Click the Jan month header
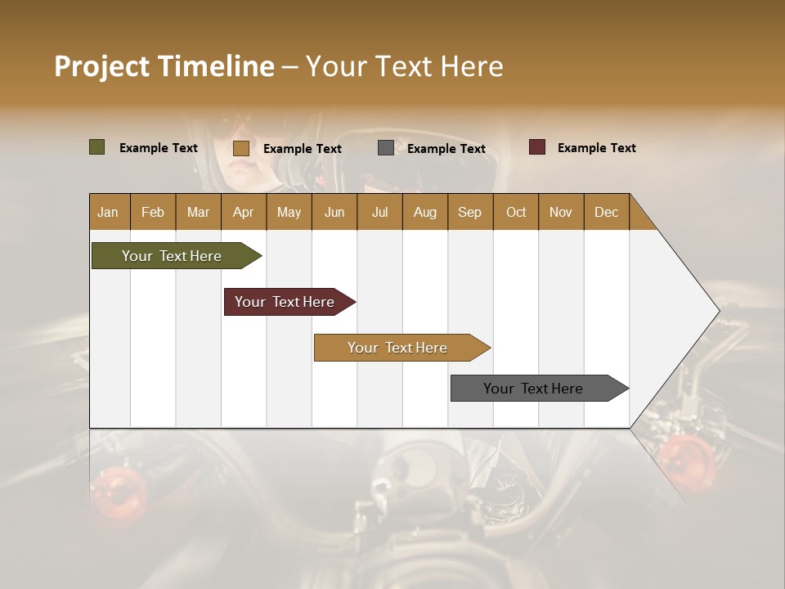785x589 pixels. click(x=109, y=212)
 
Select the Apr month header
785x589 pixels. click(x=244, y=212)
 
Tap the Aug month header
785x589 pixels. click(x=425, y=212)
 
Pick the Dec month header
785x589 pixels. click(x=607, y=212)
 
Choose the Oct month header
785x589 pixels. click(x=516, y=212)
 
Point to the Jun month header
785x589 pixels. click(x=334, y=212)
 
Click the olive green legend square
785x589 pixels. click(x=96, y=147)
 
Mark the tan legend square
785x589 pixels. click(x=240, y=148)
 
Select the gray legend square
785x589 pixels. click(x=386, y=148)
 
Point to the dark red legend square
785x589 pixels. click(x=536, y=147)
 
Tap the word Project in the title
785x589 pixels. click(x=101, y=66)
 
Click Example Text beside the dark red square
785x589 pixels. click(x=596, y=148)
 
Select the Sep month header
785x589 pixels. click(x=469, y=212)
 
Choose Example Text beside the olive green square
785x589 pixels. click(x=159, y=148)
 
